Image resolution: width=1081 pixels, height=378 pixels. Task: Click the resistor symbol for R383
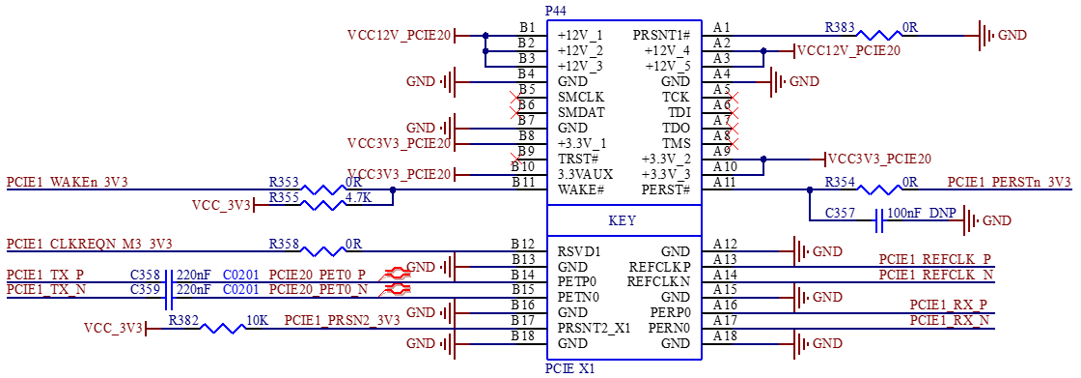pos(878,35)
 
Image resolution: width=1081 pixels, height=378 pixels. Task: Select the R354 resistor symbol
pos(878,189)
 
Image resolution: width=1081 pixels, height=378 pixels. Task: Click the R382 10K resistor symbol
pos(223,329)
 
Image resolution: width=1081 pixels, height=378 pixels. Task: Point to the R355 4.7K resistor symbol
pos(323,205)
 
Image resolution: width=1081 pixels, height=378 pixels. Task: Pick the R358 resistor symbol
pos(323,250)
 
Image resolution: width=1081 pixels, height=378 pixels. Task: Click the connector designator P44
pos(557,11)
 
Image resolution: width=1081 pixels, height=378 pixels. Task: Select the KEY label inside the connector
pos(623,221)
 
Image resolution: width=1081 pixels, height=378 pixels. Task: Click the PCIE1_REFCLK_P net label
pos(935,259)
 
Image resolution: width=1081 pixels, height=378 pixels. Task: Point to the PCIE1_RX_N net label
pos(950,320)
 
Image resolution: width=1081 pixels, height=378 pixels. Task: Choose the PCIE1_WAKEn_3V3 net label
pos(68,183)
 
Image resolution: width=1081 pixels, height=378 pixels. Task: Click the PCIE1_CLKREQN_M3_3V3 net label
pos(89,244)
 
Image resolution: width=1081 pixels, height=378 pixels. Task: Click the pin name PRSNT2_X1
pos(594,328)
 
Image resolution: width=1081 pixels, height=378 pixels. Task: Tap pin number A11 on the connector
pos(726,182)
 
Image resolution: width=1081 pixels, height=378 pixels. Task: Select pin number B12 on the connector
pos(523,244)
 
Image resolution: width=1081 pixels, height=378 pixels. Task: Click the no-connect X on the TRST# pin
pos(515,159)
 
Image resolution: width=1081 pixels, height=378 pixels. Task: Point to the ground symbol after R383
pos(985,35)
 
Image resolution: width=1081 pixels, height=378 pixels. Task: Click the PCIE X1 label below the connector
pos(569,368)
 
